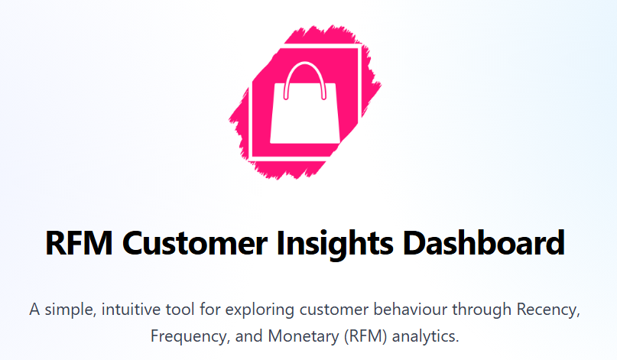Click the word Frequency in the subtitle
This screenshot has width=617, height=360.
point(182,336)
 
